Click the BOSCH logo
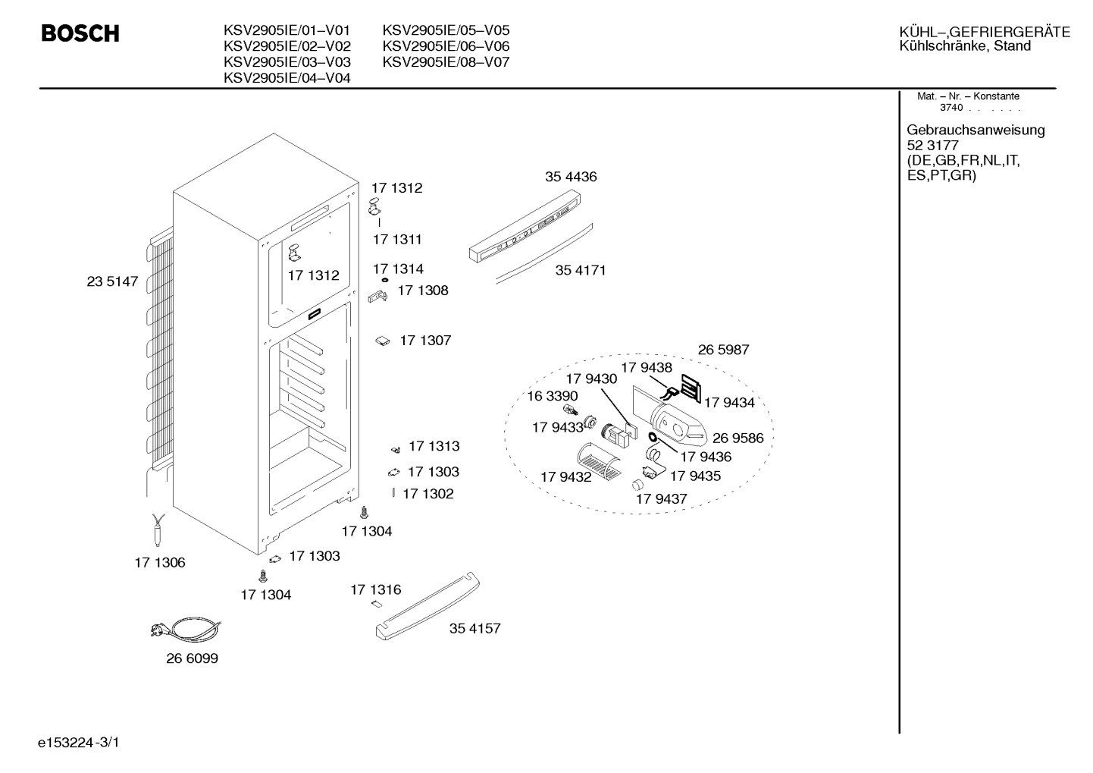point(80,33)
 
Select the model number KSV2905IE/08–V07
point(446,62)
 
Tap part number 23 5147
point(112,281)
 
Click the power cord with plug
point(186,629)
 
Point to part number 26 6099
point(193,658)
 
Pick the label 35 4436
point(571,176)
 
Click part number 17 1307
point(425,340)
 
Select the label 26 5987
point(723,350)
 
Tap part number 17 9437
point(661,498)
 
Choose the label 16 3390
point(553,395)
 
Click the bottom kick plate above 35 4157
point(427,605)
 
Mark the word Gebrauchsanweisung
point(976,130)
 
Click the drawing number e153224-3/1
point(79,743)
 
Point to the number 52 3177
point(932,145)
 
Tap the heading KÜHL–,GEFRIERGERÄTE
point(985,32)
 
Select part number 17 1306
point(160,563)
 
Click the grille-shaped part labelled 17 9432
point(600,460)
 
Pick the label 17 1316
point(376,589)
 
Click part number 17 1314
point(398,269)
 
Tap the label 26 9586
point(738,438)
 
